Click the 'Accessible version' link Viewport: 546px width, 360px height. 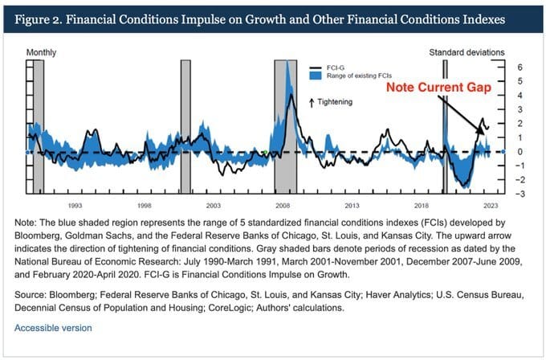pos(53,328)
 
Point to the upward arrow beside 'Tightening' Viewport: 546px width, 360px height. pos(312,103)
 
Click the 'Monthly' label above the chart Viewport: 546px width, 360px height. pos(42,52)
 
